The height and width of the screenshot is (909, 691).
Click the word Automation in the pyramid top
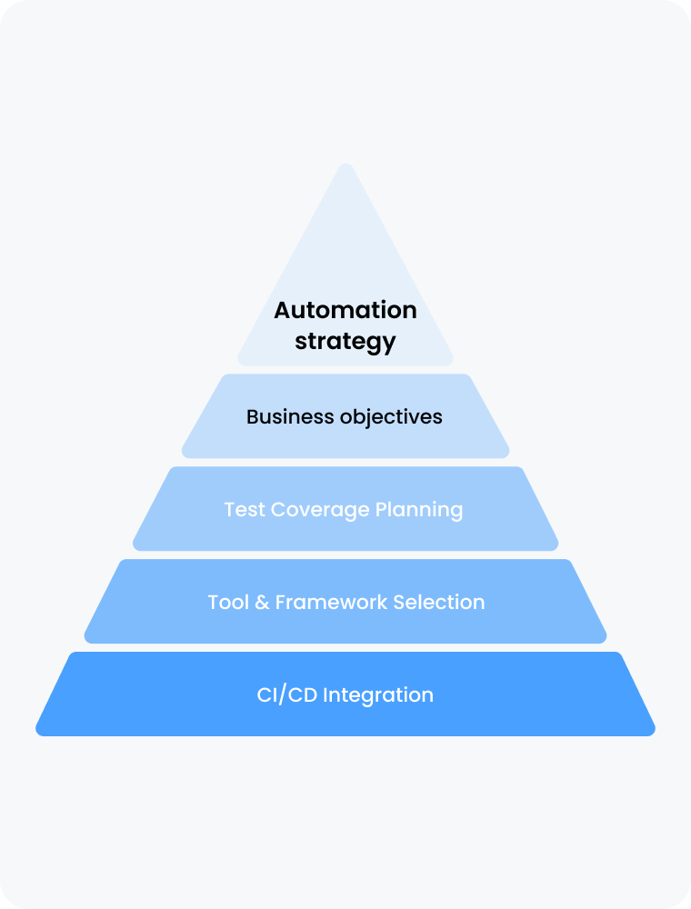click(x=345, y=310)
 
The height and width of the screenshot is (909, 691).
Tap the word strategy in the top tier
click(x=345, y=342)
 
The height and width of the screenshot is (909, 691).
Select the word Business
click(x=290, y=417)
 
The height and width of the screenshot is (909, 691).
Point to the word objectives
click(x=391, y=417)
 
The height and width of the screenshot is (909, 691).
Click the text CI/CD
click(x=287, y=695)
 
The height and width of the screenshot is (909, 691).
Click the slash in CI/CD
click(x=287, y=695)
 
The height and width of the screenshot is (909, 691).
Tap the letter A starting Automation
click(x=283, y=310)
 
